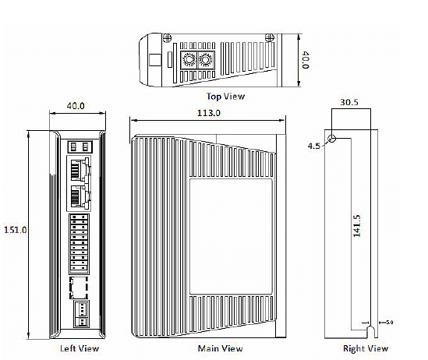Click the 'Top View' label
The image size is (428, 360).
tap(225, 97)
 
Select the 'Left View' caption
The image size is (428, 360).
tap(80, 348)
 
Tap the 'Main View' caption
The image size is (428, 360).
tap(221, 348)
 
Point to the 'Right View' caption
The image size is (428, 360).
tap(366, 348)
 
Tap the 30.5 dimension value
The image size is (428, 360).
tap(350, 101)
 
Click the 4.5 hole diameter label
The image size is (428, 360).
tap(314, 146)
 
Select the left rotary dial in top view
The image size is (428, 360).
tap(188, 60)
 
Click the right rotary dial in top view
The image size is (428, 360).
tap(206, 60)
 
